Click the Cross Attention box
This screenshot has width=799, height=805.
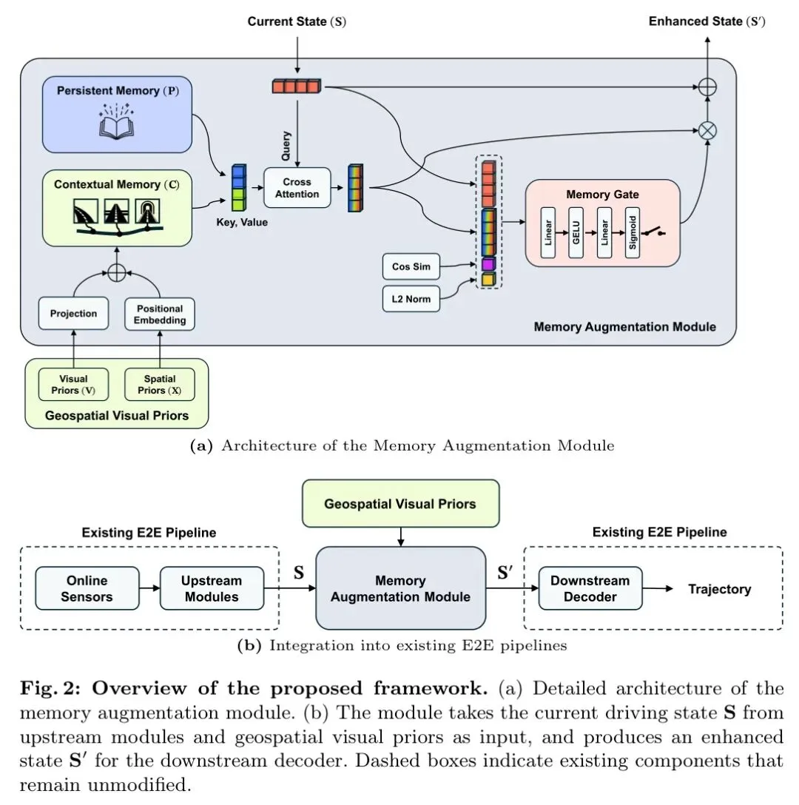297,188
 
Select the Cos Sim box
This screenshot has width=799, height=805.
411,266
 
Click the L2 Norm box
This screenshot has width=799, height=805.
411,299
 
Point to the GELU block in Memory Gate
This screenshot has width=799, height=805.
576,232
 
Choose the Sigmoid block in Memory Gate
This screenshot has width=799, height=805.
633,232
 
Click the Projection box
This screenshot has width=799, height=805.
73,313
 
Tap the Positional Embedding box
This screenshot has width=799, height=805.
160,314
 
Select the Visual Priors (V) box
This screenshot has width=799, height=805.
73,385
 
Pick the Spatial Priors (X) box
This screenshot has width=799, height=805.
160,385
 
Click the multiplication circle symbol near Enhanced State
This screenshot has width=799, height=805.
707,130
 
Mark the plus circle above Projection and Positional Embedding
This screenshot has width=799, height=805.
117,272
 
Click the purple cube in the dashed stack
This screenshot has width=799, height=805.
489,264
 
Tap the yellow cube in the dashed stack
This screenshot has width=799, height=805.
489,280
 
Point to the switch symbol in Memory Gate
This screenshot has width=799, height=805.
654,232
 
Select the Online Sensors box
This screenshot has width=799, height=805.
87,588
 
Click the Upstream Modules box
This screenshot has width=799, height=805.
212,588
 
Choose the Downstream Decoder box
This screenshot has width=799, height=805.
590,588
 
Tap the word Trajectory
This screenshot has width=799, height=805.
719,589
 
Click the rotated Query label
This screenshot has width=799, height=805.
286,146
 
